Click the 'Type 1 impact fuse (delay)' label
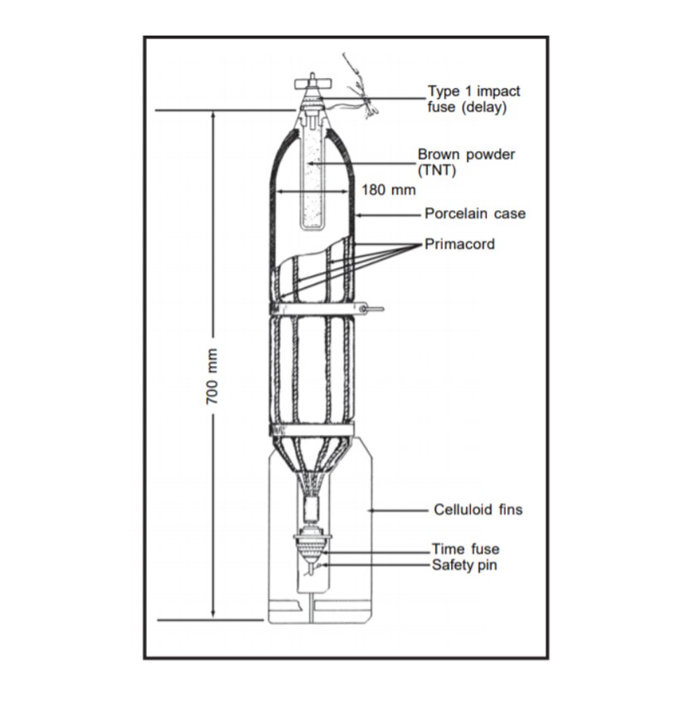click(x=473, y=99)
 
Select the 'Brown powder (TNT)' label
click(x=466, y=162)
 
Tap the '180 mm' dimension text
click(x=389, y=189)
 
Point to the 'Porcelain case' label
click(x=475, y=213)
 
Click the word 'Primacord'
click(x=459, y=244)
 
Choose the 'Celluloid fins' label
click(x=478, y=509)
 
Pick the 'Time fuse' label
click(x=465, y=549)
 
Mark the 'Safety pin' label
click(x=464, y=565)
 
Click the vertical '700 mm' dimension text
click(x=211, y=377)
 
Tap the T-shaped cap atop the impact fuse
click(x=313, y=83)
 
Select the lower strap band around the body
click(x=312, y=429)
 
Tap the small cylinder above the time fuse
click(x=312, y=509)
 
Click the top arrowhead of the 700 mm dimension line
click(x=213, y=115)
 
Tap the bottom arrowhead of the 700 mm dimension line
click(x=213, y=614)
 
